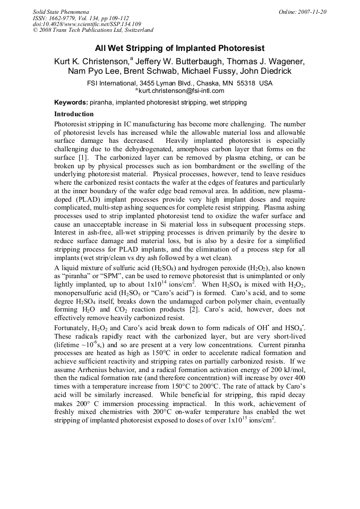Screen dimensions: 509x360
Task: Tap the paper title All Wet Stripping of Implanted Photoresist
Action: (x=179, y=48)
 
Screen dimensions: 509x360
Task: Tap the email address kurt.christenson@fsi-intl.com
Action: (x=181, y=91)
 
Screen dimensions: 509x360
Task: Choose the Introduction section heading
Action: (x=74, y=114)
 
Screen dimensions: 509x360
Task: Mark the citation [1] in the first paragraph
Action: (x=83, y=158)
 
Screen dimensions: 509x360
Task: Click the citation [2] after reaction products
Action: (x=209, y=310)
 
